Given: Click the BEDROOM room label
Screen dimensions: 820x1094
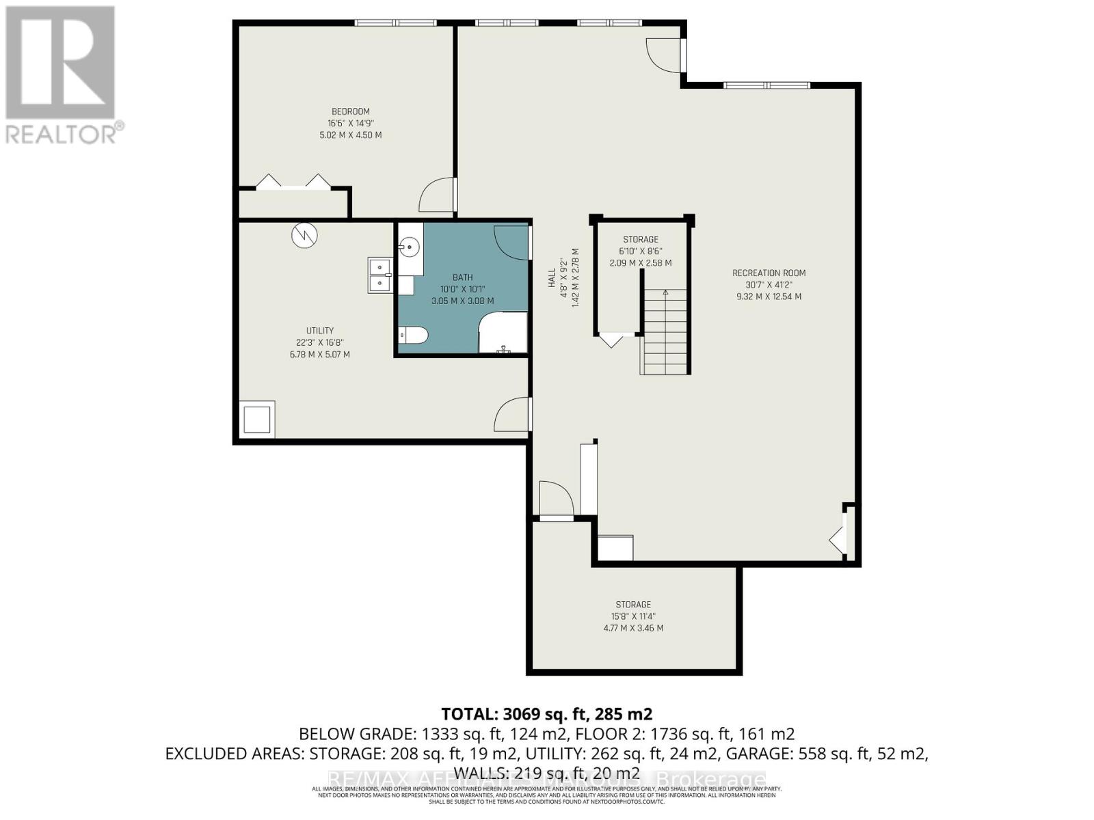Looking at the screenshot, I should pyautogui.click(x=350, y=111).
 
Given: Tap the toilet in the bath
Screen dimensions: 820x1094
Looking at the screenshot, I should pyautogui.click(x=413, y=336).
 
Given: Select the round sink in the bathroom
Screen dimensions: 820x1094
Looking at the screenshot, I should pyautogui.click(x=410, y=247).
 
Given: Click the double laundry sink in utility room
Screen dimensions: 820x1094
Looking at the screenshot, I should pyautogui.click(x=379, y=275).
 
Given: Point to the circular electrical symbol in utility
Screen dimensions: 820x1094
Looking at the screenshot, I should pyautogui.click(x=304, y=236).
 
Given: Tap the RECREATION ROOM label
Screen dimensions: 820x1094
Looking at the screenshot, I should pyautogui.click(x=769, y=273).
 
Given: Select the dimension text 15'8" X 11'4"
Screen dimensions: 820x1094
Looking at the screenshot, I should pyautogui.click(x=632, y=616).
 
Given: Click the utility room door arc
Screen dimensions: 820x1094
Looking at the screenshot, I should pyautogui.click(x=511, y=415).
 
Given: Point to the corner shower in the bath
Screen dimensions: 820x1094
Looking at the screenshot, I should pyautogui.click(x=503, y=332).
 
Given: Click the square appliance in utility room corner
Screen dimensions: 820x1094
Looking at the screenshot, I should pyautogui.click(x=257, y=419).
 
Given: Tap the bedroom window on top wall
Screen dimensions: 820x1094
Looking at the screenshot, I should pyautogui.click(x=395, y=23).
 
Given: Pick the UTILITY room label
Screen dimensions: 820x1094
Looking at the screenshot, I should pyautogui.click(x=319, y=331).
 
